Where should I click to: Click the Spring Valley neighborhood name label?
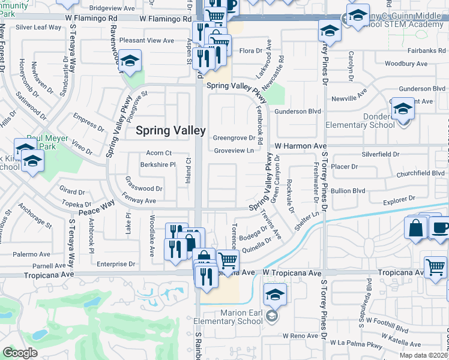[x=170, y=130]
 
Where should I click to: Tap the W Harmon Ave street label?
[x=301, y=146]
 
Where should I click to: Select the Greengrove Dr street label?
[x=235, y=138]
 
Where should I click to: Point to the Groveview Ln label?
[x=234, y=151]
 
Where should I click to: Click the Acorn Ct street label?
[x=159, y=153]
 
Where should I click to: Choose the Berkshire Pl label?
[x=158, y=164]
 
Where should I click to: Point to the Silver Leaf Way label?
[x=39, y=28]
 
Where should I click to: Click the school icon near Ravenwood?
[x=129, y=61]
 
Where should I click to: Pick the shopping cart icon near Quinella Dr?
[x=228, y=260]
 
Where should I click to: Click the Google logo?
[x=20, y=352]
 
